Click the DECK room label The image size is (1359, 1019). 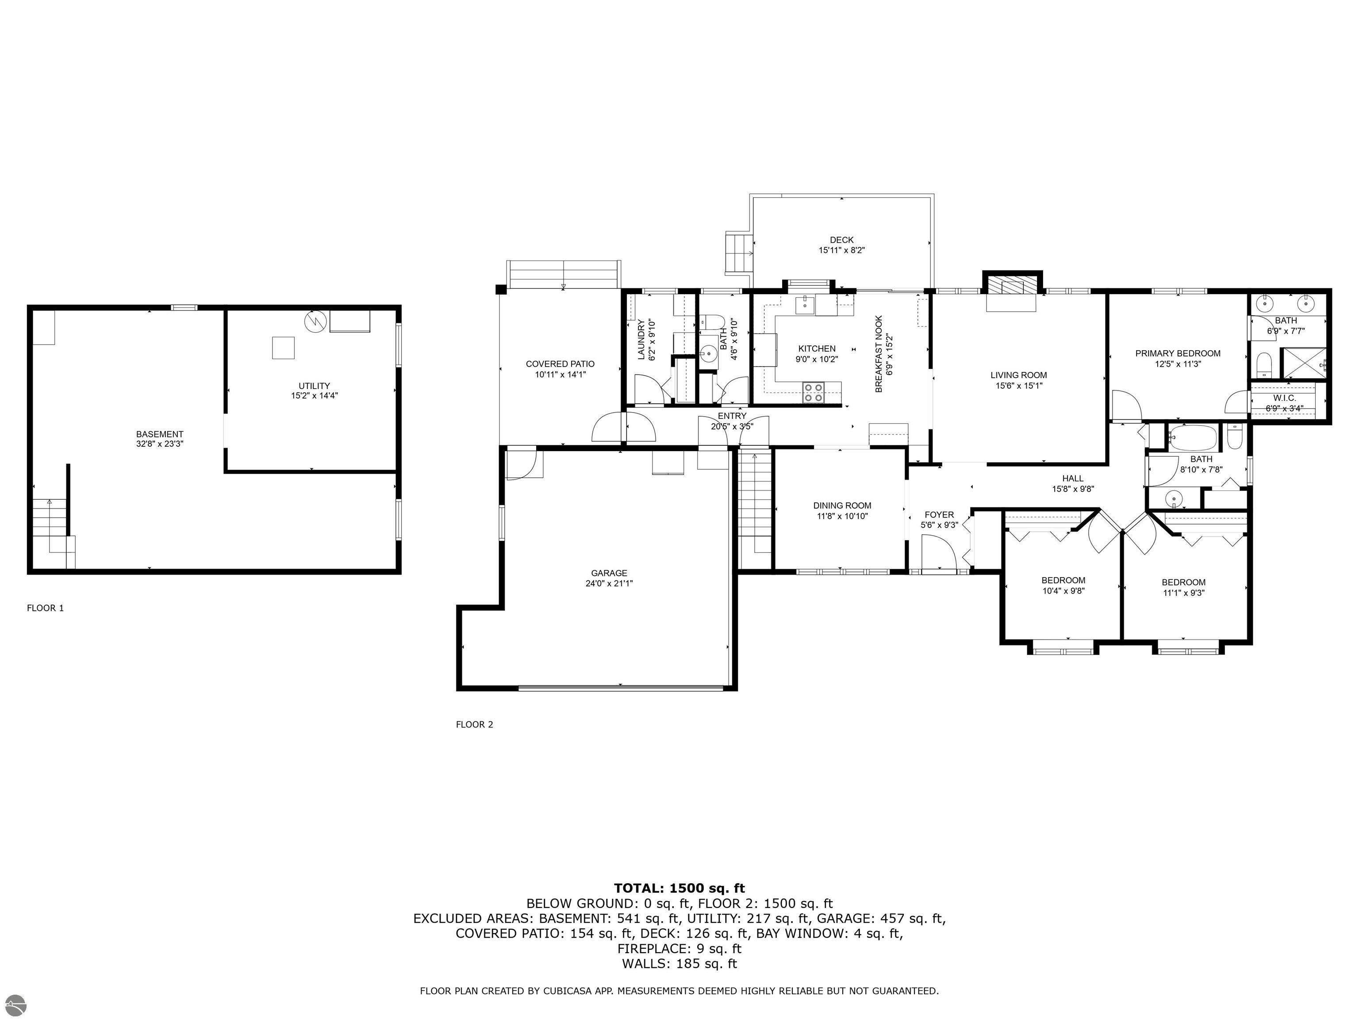(x=842, y=240)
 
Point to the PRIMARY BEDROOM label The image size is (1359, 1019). (x=1178, y=353)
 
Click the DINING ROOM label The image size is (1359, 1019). (x=842, y=506)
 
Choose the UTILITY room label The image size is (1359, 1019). (x=315, y=386)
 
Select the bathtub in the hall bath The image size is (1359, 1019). (x=1192, y=438)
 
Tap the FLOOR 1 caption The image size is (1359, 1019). (x=46, y=608)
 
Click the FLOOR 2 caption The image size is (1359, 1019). (x=474, y=724)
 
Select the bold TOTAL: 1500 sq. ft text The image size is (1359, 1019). (x=679, y=888)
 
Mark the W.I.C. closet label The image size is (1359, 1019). (x=1284, y=398)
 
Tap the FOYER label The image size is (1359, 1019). (x=939, y=515)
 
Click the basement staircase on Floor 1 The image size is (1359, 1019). (x=54, y=533)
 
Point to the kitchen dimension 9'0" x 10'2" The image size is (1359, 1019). (x=817, y=359)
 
